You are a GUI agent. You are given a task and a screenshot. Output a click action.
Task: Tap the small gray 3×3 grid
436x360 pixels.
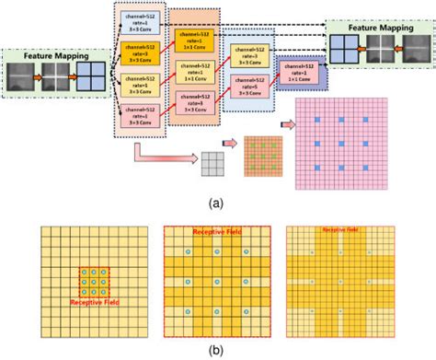(x=214, y=162)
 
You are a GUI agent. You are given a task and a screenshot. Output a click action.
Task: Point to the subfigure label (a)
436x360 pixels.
(x=217, y=201)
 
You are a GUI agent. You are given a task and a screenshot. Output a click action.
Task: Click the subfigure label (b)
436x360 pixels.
(x=217, y=351)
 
